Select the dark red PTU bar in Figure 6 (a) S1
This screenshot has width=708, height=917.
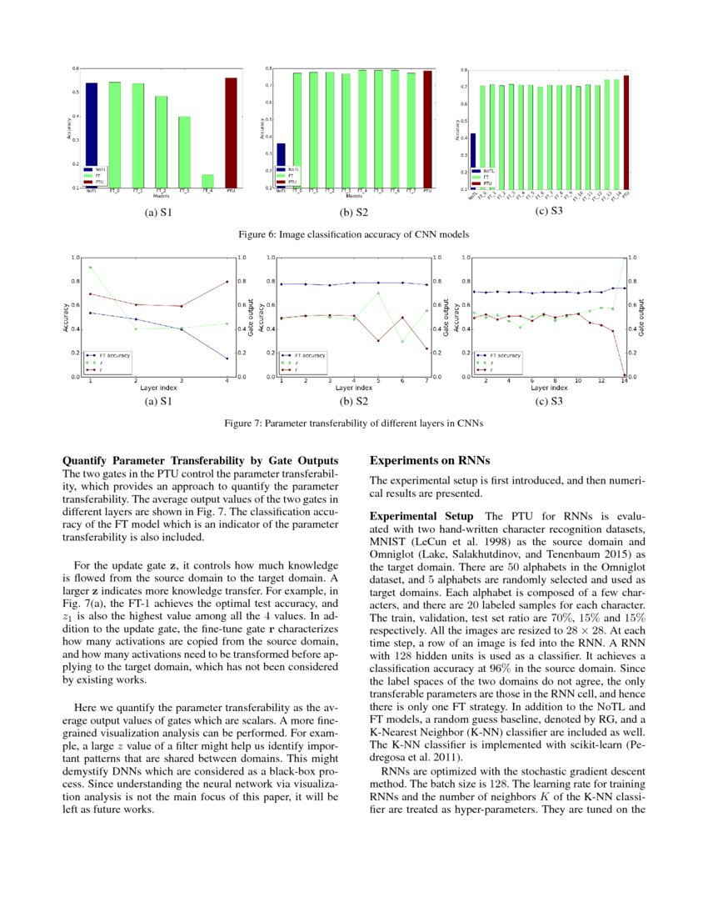pyautogui.click(x=231, y=133)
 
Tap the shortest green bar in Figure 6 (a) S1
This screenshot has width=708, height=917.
pyautogui.click(x=207, y=181)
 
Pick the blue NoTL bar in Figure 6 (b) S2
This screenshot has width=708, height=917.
pyautogui.click(x=281, y=166)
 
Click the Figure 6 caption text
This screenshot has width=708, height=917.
pyautogui.click(x=353, y=234)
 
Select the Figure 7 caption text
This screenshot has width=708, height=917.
pyautogui.click(x=353, y=423)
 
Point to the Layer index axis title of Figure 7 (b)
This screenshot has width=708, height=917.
pyautogui.click(x=354, y=388)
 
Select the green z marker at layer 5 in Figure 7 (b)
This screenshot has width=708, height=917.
pyautogui.click(x=379, y=293)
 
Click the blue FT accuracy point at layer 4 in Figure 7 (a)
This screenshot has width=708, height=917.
pyautogui.click(x=227, y=359)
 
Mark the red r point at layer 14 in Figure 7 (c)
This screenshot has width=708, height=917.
pyautogui.click(x=624, y=376)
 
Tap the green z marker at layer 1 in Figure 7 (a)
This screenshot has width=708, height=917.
pyautogui.click(x=90, y=268)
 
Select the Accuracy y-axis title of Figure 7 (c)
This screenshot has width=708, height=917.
pyautogui.click(x=457, y=317)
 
